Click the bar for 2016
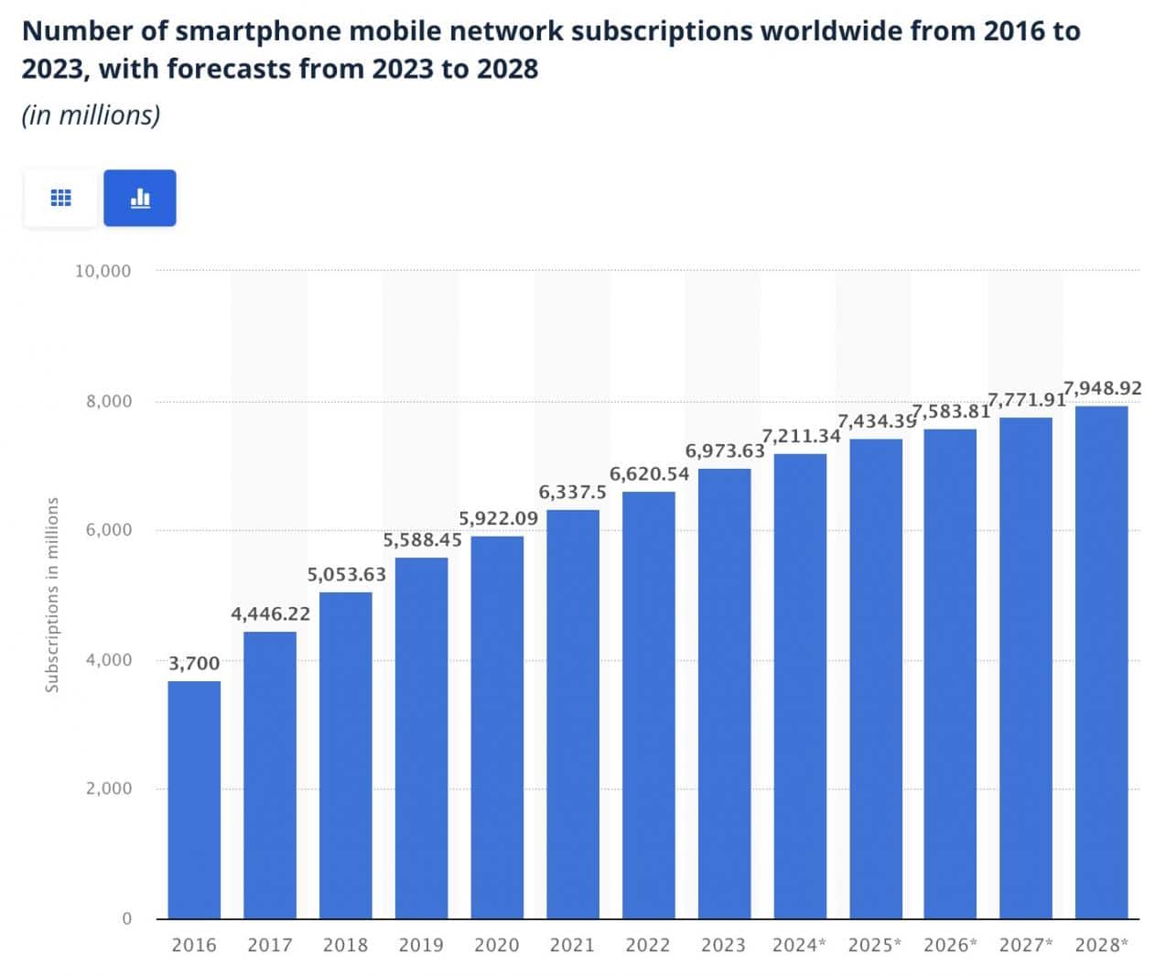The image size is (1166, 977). (194, 799)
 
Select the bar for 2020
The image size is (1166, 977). (497, 727)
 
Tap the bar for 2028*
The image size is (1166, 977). (1101, 662)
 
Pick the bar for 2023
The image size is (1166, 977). (724, 693)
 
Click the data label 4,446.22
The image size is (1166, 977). (270, 613)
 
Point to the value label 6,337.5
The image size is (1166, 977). (572, 492)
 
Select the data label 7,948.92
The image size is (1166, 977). (1102, 388)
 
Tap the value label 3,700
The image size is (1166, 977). (194, 663)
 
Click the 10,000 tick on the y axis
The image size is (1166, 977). (103, 271)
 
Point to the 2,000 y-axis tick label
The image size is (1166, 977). (109, 788)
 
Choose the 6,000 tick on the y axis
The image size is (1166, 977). (109, 530)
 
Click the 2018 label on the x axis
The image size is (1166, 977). (345, 945)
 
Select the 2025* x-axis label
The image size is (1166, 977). (875, 945)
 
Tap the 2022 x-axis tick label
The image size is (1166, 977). (648, 945)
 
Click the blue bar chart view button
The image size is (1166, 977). (140, 198)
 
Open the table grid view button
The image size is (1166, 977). (60, 198)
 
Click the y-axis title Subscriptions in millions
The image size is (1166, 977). (52, 594)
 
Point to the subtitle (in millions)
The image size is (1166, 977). (91, 115)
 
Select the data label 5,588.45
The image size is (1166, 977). (422, 539)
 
